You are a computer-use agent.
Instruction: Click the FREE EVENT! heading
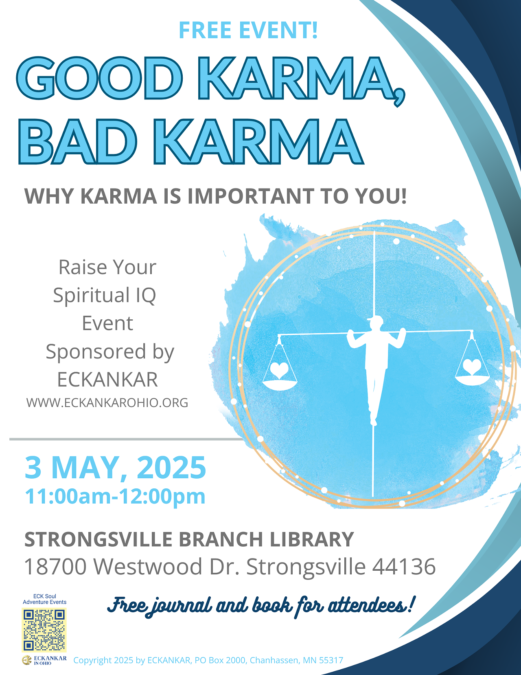pyautogui.click(x=248, y=30)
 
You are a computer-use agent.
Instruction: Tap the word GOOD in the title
pyautogui.click(x=99, y=78)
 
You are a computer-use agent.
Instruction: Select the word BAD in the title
pyautogui.click(x=78, y=141)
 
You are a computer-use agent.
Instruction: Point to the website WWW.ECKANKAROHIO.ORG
pyautogui.click(x=107, y=402)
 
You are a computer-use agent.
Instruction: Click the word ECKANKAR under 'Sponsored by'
pyautogui.click(x=108, y=379)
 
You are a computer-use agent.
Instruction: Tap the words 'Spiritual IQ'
pyautogui.click(x=105, y=295)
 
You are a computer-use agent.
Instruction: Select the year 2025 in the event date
pyautogui.click(x=172, y=468)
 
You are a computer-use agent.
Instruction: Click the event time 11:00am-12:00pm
pyautogui.click(x=115, y=497)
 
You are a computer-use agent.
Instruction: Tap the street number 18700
pyautogui.click(x=55, y=567)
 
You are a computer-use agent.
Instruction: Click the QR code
pyautogui.click(x=44, y=630)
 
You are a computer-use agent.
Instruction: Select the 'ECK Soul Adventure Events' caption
pyautogui.click(x=44, y=599)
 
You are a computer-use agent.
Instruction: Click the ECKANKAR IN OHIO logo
pyautogui.click(x=44, y=660)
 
